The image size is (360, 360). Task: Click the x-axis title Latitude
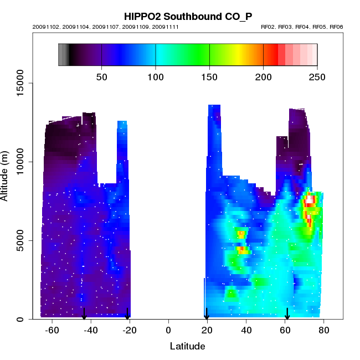[x=187, y=347]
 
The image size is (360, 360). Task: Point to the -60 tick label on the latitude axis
[x=52, y=331]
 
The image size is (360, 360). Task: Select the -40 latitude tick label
[x=91, y=331]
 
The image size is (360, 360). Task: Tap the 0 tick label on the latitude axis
[x=168, y=331]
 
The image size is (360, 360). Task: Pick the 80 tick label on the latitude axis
[x=324, y=331]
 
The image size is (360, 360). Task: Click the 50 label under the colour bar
[x=101, y=76]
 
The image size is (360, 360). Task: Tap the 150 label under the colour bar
[x=209, y=76]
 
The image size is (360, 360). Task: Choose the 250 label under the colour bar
[x=317, y=76]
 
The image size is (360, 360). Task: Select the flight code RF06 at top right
[x=336, y=27]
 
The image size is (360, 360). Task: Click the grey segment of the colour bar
[x=63, y=55]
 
